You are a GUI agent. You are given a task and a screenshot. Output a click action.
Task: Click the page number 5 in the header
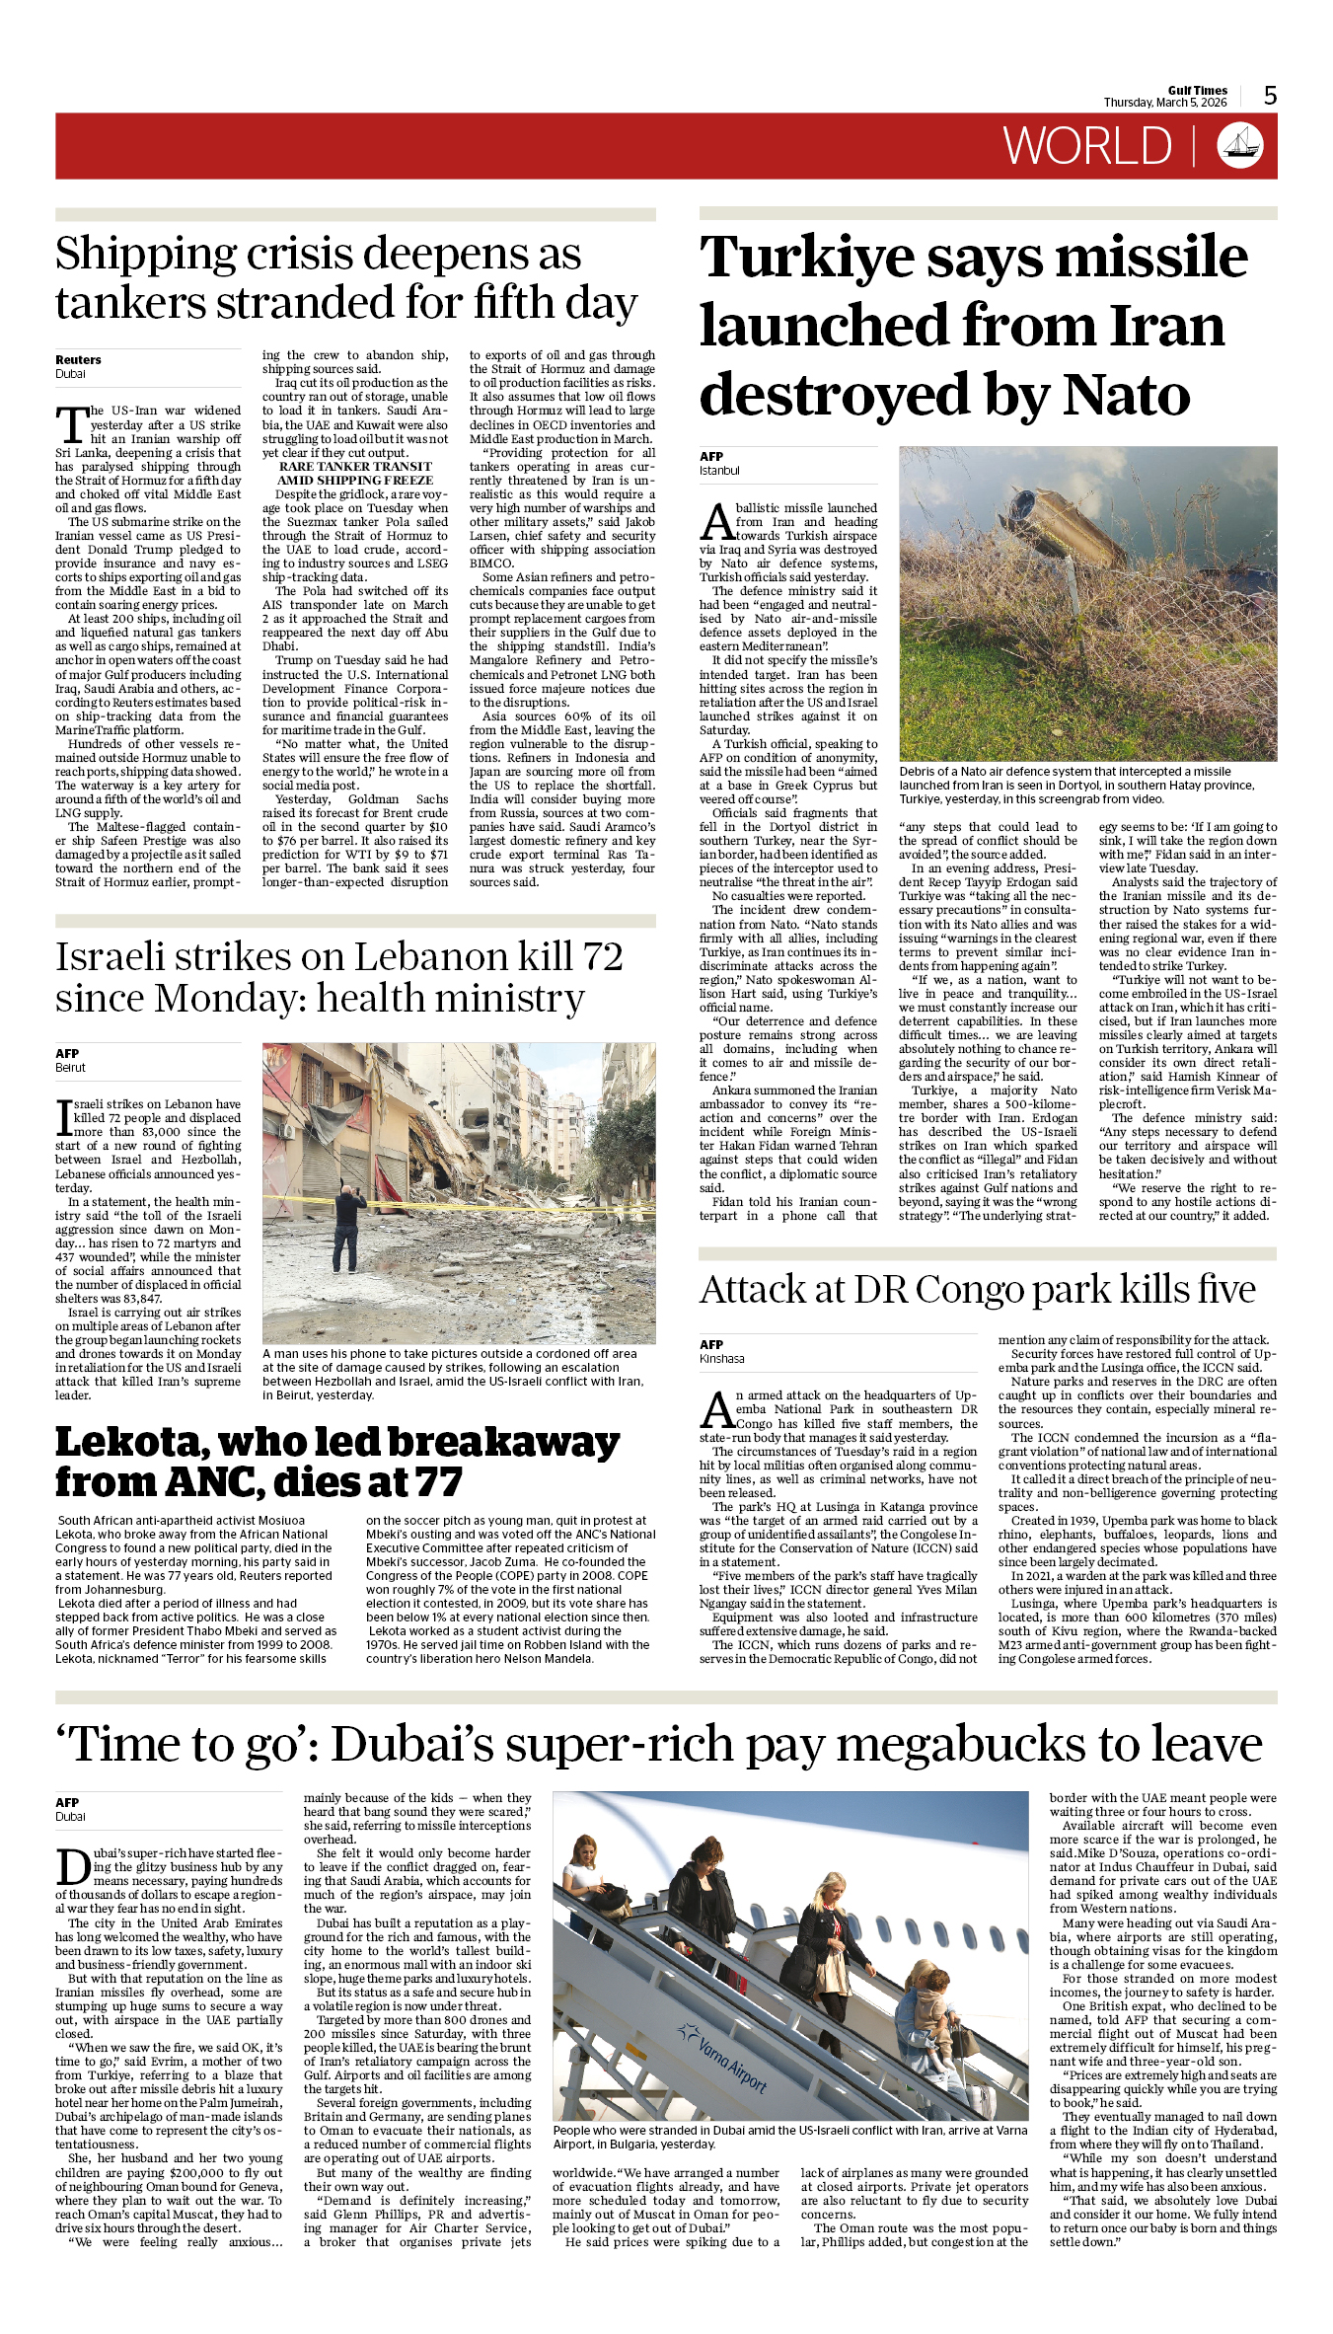(x=1271, y=96)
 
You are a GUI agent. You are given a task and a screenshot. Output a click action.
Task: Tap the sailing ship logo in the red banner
(x=1240, y=145)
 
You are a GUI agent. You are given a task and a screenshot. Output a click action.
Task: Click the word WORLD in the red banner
(x=1087, y=146)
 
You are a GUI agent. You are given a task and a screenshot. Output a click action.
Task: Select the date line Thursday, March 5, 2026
(x=1164, y=103)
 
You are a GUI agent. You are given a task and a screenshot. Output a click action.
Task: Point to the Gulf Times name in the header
(x=1197, y=90)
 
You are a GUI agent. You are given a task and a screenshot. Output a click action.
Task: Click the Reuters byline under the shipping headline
(x=78, y=360)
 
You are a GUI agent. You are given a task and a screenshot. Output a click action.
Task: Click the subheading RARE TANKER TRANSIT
(x=355, y=467)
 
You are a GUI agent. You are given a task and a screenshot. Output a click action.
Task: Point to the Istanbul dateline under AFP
(x=719, y=471)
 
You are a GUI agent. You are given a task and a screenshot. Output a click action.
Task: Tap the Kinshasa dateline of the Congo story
(x=722, y=1359)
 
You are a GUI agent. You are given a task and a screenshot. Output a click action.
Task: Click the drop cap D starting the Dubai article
(x=73, y=1866)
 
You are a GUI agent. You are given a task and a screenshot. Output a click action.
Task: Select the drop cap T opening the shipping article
(x=71, y=425)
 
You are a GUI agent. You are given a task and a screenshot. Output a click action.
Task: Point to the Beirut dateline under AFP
(x=70, y=1068)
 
